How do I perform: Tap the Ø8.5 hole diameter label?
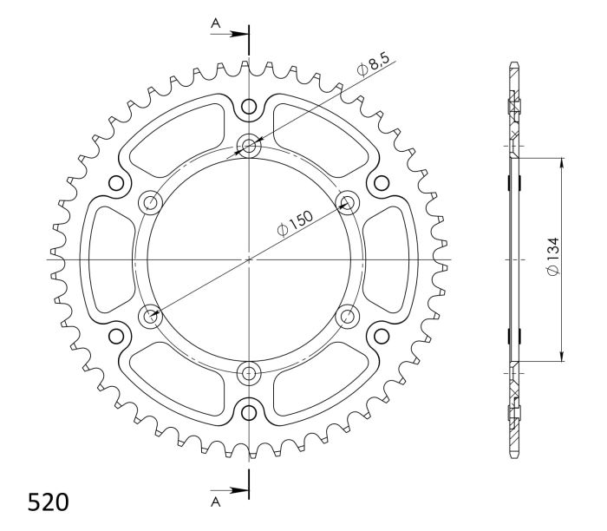374,65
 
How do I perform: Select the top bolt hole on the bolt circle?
250,145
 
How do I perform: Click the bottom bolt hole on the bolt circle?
250,374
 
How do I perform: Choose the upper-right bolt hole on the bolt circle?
349,203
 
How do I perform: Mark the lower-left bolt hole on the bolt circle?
151,317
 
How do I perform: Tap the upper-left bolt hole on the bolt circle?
151,203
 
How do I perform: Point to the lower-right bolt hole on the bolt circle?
349,317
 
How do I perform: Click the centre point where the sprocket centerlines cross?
250,259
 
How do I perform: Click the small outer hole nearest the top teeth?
250,108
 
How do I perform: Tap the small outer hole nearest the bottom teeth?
250,411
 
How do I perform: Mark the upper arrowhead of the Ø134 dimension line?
562,163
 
